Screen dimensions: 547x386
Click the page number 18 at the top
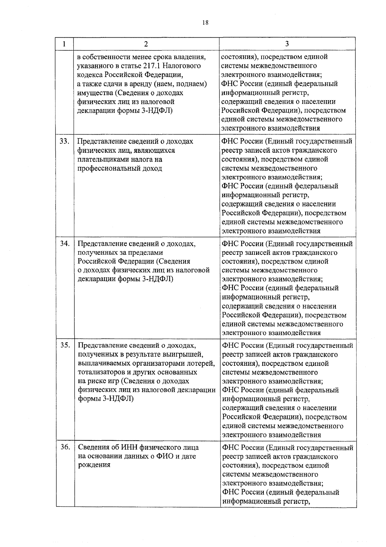pos(206,22)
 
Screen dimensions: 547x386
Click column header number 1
pos(65,44)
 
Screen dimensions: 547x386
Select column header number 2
pos(146,44)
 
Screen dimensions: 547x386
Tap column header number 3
pos(287,44)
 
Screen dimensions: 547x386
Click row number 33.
pos(65,141)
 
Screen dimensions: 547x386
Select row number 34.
pos(65,244)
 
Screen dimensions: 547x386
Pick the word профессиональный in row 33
pos(108,168)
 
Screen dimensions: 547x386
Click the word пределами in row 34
pos(146,253)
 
